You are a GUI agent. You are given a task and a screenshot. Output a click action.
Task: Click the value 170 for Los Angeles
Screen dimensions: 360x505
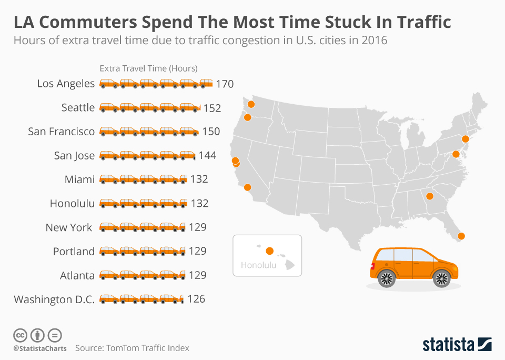(x=225, y=84)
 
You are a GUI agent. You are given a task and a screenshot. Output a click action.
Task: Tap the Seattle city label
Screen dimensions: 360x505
(x=78, y=107)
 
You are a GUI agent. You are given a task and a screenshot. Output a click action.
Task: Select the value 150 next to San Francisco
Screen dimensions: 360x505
(x=211, y=132)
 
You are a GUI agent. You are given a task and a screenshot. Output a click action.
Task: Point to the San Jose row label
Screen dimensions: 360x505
(x=74, y=155)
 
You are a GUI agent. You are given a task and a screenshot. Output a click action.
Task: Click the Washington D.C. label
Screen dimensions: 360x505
(x=54, y=299)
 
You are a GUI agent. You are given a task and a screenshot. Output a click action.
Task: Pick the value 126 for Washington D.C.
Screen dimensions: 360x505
(x=196, y=299)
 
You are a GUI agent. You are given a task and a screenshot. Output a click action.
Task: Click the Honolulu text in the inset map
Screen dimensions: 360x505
(x=258, y=265)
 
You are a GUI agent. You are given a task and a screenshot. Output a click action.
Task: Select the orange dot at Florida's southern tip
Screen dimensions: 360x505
(x=462, y=236)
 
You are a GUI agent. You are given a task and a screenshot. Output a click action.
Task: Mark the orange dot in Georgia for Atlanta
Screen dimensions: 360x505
(x=429, y=197)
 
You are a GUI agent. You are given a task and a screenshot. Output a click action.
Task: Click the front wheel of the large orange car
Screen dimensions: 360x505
(x=441, y=278)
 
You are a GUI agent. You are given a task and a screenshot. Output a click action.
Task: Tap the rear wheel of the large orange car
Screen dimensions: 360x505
(x=387, y=278)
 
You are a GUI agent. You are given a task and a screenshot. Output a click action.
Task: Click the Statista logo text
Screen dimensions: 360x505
(x=448, y=345)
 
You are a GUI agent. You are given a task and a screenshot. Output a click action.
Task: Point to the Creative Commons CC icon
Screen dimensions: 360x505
(x=20, y=335)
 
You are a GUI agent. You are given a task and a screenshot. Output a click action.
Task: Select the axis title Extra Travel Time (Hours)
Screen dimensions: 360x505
(x=149, y=68)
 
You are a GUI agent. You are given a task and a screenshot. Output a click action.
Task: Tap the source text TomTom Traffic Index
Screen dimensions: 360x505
(x=148, y=348)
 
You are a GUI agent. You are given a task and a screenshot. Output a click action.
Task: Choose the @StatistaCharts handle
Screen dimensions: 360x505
(x=40, y=348)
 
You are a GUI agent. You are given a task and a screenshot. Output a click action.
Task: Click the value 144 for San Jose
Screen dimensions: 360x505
(x=207, y=155)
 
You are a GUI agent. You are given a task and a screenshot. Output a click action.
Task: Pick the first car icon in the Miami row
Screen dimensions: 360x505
(x=109, y=179)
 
